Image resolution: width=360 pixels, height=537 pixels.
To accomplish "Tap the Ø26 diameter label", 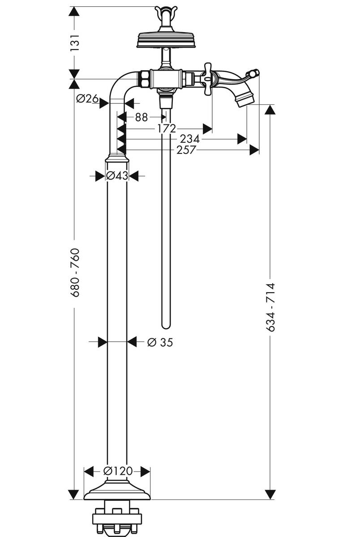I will click(x=88, y=99).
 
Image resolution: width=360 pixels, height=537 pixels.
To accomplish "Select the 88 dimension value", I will click(x=141, y=117).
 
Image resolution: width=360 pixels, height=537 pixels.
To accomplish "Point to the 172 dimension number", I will click(x=167, y=129).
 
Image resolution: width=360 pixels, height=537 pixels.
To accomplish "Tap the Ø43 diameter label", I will click(x=117, y=176).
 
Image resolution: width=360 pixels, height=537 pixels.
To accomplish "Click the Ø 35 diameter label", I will click(x=160, y=343).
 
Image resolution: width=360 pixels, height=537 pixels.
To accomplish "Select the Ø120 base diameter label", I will click(x=117, y=471).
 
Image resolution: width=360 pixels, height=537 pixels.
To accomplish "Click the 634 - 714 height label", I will click(x=270, y=307).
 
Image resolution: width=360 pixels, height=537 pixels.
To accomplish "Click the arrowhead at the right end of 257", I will click(x=254, y=150).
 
